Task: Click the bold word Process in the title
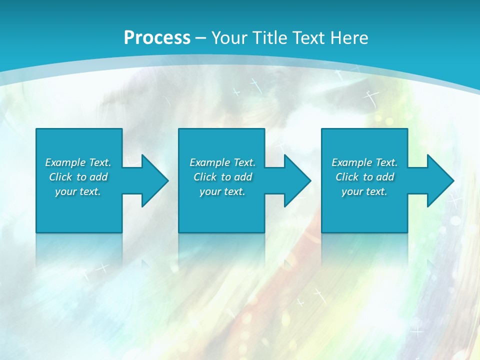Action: click(157, 38)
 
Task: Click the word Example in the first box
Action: click(65, 162)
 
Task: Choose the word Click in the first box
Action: click(60, 177)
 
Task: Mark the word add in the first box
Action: click(98, 177)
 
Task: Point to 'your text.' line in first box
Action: click(78, 191)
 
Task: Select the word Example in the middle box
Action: click(209, 162)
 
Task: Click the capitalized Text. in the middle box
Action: click(244, 162)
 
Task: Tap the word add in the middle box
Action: click(243, 177)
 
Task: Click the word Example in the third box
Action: click(351, 162)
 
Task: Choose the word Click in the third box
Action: click(347, 177)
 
